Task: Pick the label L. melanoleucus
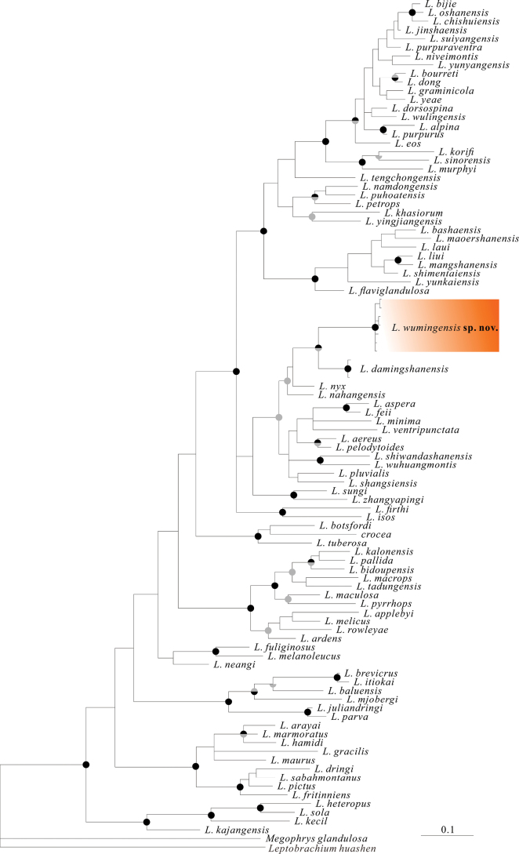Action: pyautogui.click(x=306, y=656)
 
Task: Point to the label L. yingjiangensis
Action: pyautogui.click(x=401, y=221)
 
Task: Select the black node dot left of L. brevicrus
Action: pyautogui.click(x=337, y=676)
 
